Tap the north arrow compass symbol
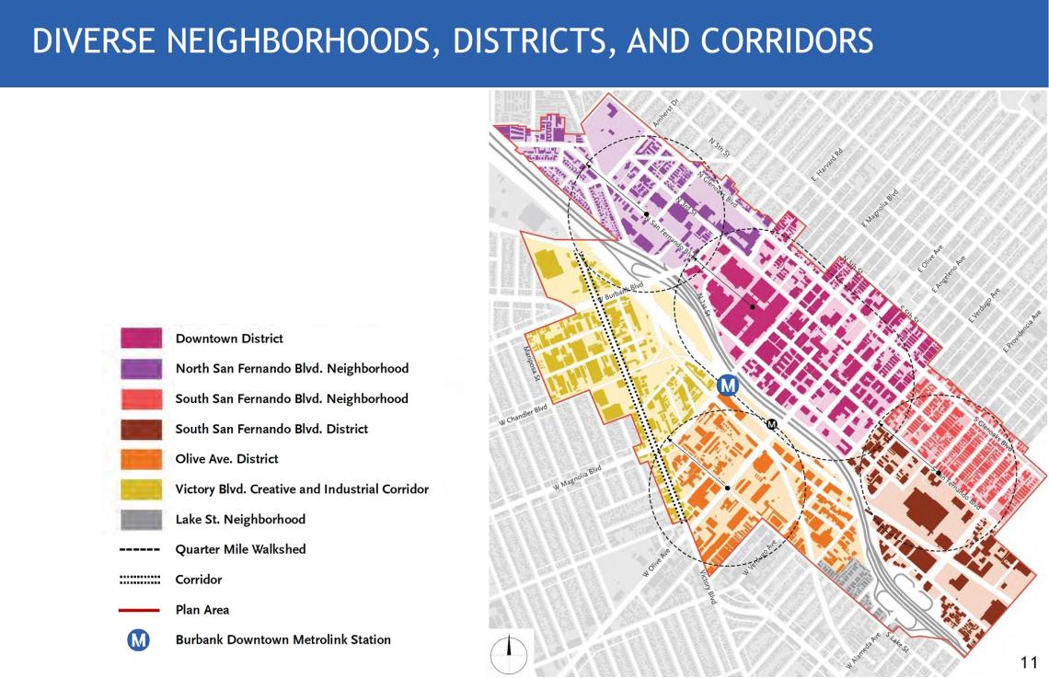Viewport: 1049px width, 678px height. click(x=507, y=654)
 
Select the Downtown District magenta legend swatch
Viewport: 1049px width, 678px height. click(x=141, y=339)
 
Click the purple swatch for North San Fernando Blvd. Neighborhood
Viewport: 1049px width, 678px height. click(x=141, y=369)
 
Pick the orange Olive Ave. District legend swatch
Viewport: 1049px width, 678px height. click(x=141, y=459)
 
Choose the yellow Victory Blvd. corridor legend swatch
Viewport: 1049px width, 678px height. click(x=141, y=489)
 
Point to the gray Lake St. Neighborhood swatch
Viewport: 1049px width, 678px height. click(x=141, y=519)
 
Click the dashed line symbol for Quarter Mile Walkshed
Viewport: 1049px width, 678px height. click(x=141, y=549)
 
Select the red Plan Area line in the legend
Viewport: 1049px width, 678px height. click(x=141, y=609)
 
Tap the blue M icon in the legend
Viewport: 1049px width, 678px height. click(x=139, y=639)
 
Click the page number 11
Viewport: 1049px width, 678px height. click(x=1029, y=662)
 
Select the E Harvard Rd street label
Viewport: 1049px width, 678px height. click(x=827, y=164)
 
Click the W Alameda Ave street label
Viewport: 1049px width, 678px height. click(x=863, y=649)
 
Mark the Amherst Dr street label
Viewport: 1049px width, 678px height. click(x=664, y=114)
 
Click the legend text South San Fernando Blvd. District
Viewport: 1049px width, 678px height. click(x=271, y=429)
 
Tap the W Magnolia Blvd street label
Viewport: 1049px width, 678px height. click(x=577, y=477)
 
